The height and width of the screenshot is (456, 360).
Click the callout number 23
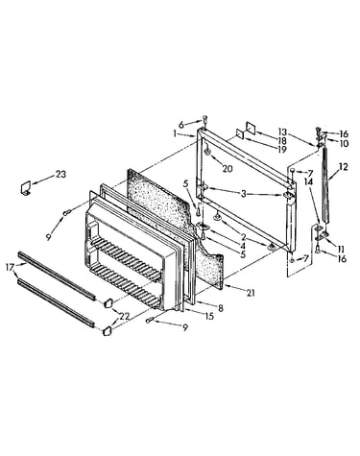point(60,174)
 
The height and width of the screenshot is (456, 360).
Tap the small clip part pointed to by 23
point(25,188)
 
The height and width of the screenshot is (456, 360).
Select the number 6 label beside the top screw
point(181,125)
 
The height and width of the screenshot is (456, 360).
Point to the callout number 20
point(228,169)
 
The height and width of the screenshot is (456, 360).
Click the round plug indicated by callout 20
point(207,151)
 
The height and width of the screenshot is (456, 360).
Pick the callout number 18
point(282,141)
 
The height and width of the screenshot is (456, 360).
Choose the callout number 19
point(282,150)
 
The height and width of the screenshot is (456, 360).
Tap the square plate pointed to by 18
point(251,128)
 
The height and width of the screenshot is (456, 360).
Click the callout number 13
point(282,132)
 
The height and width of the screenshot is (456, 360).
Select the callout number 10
point(344,144)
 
